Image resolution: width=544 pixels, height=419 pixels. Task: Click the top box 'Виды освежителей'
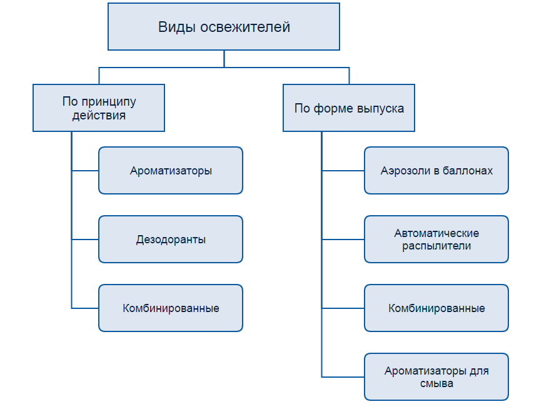click(224, 28)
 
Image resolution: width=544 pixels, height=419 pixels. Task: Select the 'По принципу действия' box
click(99, 108)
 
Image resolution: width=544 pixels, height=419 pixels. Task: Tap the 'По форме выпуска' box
click(349, 108)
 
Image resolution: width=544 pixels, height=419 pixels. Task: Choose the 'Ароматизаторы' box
click(171, 170)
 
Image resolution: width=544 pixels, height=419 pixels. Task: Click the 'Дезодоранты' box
click(171, 239)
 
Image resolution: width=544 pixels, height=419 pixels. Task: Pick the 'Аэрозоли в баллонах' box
click(436, 170)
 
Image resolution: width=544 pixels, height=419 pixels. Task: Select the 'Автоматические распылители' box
click(436, 239)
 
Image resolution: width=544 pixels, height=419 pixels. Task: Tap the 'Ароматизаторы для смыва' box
click(436, 376)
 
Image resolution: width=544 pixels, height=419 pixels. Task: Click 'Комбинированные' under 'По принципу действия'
click(171, 308)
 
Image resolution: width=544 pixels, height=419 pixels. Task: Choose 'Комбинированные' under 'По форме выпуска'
click(436, 308)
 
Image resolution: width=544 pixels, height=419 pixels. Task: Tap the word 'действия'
click(99, 116)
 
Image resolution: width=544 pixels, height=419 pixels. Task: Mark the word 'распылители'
click(436, 246)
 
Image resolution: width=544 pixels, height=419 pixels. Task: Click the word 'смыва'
click(436, 383)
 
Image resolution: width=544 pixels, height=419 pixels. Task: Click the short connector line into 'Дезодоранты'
click(85, 240)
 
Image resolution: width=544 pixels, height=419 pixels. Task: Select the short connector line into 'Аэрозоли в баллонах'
click(343, 170)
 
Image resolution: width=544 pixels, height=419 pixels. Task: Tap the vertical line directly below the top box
click(224, 58)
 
